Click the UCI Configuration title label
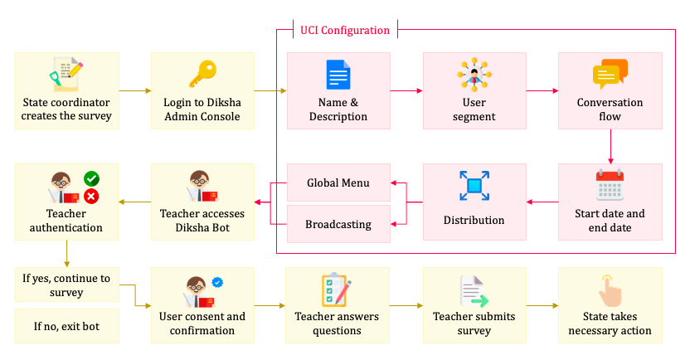(x=344, y=31)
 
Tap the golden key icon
(x=202, y=75)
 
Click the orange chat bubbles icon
(x=610, y=75)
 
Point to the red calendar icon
(x=610, y=185)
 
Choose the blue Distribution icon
(x=474, y=186)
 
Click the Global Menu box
(x=338, y=182)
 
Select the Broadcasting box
(x=338, y=224)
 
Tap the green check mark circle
(x=92, y=178)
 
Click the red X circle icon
(x=92, y=197)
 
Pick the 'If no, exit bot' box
(x=66, y=326)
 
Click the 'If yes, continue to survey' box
(x=66, y=285)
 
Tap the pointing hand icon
(x=610, y=291)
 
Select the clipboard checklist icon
(x=336, y=289)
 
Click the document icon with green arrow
(x=474, y=291)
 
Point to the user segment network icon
(x=474, y=75)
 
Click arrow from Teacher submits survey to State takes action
(x=542, y=306)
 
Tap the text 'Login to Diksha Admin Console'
(x=202, y=109)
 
